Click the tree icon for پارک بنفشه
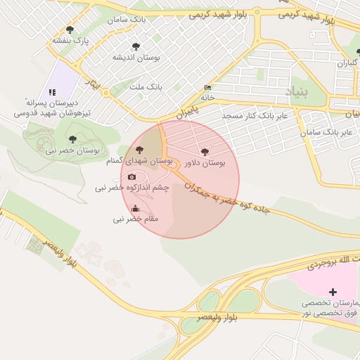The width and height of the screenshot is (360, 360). (x=70, y=30)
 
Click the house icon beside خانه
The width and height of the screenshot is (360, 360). (x=207, y=88)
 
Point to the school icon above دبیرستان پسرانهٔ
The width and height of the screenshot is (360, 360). (x=52, y=92)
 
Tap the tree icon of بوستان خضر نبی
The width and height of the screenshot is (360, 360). (x=72, y=139)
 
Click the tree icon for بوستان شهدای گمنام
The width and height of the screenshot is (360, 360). (x=139, y=149)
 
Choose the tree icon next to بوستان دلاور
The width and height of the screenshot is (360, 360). (x=205, y=151)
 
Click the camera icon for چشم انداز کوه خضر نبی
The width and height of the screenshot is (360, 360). (x=132, y=176)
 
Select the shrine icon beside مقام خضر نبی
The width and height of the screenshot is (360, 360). (x=136, y=207)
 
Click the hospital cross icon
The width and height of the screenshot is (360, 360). (x=333, y=291)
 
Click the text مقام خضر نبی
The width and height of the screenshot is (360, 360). (x=136, y=219)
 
